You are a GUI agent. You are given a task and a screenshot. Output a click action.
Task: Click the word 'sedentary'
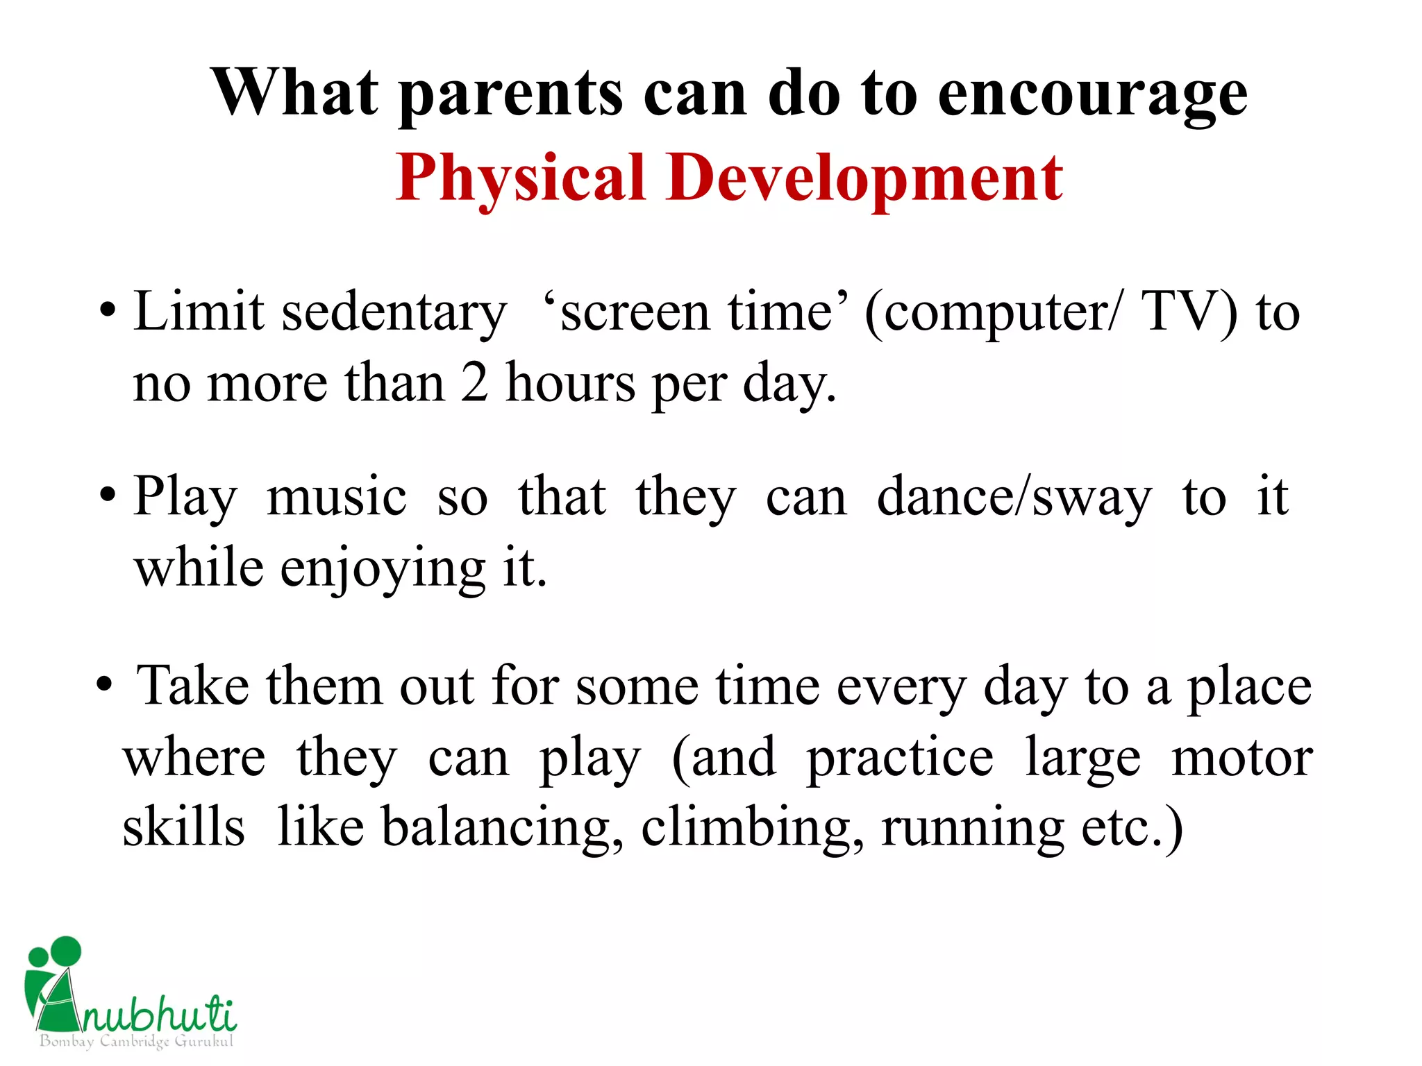[394, 312]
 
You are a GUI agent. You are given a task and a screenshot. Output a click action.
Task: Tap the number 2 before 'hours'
[474, 383]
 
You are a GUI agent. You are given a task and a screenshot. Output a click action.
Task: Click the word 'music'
[337, 497]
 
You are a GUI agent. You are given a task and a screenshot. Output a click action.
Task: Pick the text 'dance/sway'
[1014, 497]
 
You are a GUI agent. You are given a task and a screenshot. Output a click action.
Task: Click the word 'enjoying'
[383, 569]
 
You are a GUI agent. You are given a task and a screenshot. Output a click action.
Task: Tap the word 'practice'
[900, 758]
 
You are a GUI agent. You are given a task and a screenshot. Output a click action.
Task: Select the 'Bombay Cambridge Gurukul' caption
[136, 1041]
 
